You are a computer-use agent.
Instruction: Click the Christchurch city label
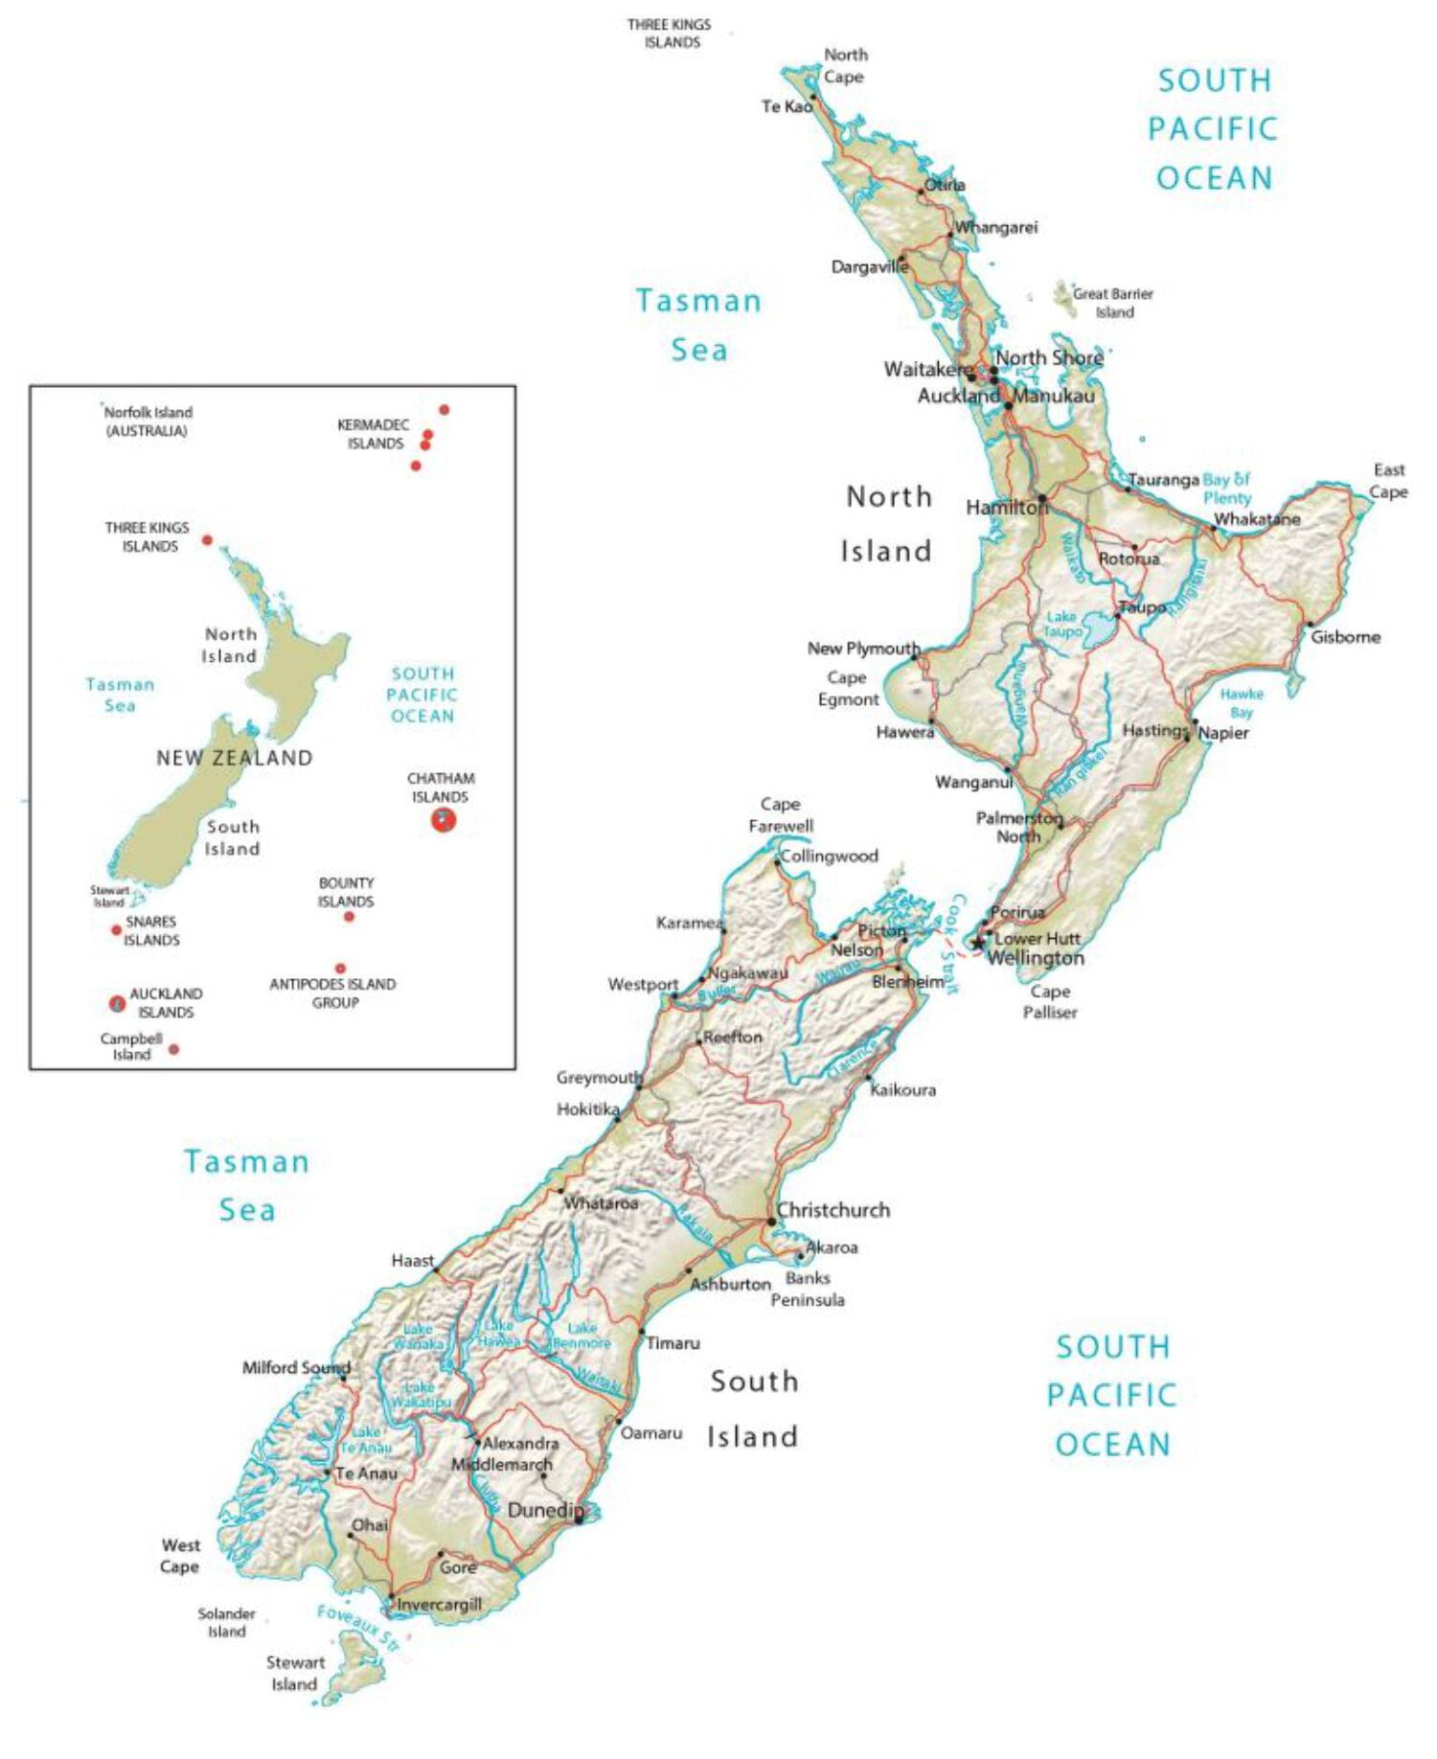[x=833, y=1210]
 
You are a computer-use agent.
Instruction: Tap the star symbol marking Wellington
[x=977, y=943]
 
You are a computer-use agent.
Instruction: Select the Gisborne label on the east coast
[x=1345, y=637]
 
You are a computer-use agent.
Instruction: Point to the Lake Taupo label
[x=1061, y=625]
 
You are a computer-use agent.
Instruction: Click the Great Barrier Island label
[x=1112, y=303]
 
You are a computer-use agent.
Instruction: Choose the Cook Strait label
[x=952, y=944]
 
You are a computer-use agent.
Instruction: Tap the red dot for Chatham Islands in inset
[x=443, y=819]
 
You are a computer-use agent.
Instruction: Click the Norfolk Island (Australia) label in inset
[x=148, y=422]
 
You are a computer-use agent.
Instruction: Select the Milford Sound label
[x=295, y=1367]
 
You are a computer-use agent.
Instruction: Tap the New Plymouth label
[x=862, y=649]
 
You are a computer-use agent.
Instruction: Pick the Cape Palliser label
[x=1050, y=1001]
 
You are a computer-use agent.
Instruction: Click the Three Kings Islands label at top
[x=670, y=34]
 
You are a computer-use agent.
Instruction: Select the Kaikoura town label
[x=902, y=1089]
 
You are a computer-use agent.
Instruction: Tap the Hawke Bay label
[x=1241, y=702]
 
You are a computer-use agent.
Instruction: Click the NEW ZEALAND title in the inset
[x=235, y=758]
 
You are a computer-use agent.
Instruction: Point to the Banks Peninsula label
[x=808, y=1289]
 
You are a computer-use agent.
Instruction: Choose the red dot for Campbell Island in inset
[x=173, y=1049]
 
